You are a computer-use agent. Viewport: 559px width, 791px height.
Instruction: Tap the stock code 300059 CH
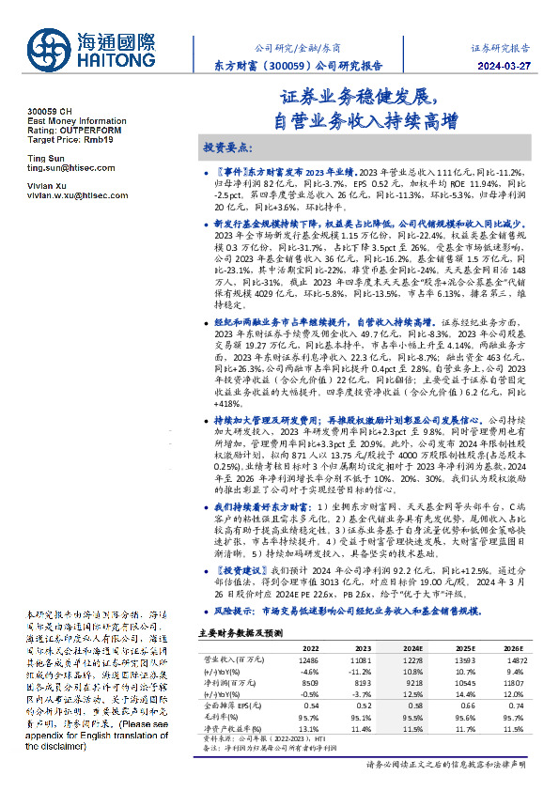(49, 112)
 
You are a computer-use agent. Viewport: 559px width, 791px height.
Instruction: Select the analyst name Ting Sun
(43, 158)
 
